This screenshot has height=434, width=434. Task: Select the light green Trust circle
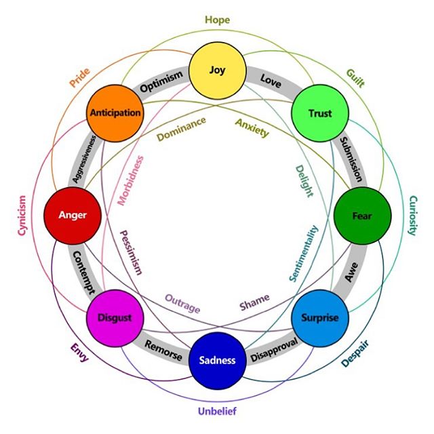[319, 113]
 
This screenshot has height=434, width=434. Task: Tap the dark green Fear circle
[361, 216]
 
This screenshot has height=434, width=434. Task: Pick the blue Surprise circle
[319, 317]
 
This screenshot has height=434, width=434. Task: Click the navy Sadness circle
[217, 360]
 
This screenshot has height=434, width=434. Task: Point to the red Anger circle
[73, 216]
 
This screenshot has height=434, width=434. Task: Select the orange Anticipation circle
[115, 113]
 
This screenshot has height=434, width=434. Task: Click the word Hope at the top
[217, 20]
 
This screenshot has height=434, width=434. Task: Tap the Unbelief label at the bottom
[217, 411]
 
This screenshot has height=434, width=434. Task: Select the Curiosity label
[412, 216]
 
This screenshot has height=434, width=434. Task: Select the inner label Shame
[254, 300]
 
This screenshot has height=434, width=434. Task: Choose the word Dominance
[180, 130]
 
